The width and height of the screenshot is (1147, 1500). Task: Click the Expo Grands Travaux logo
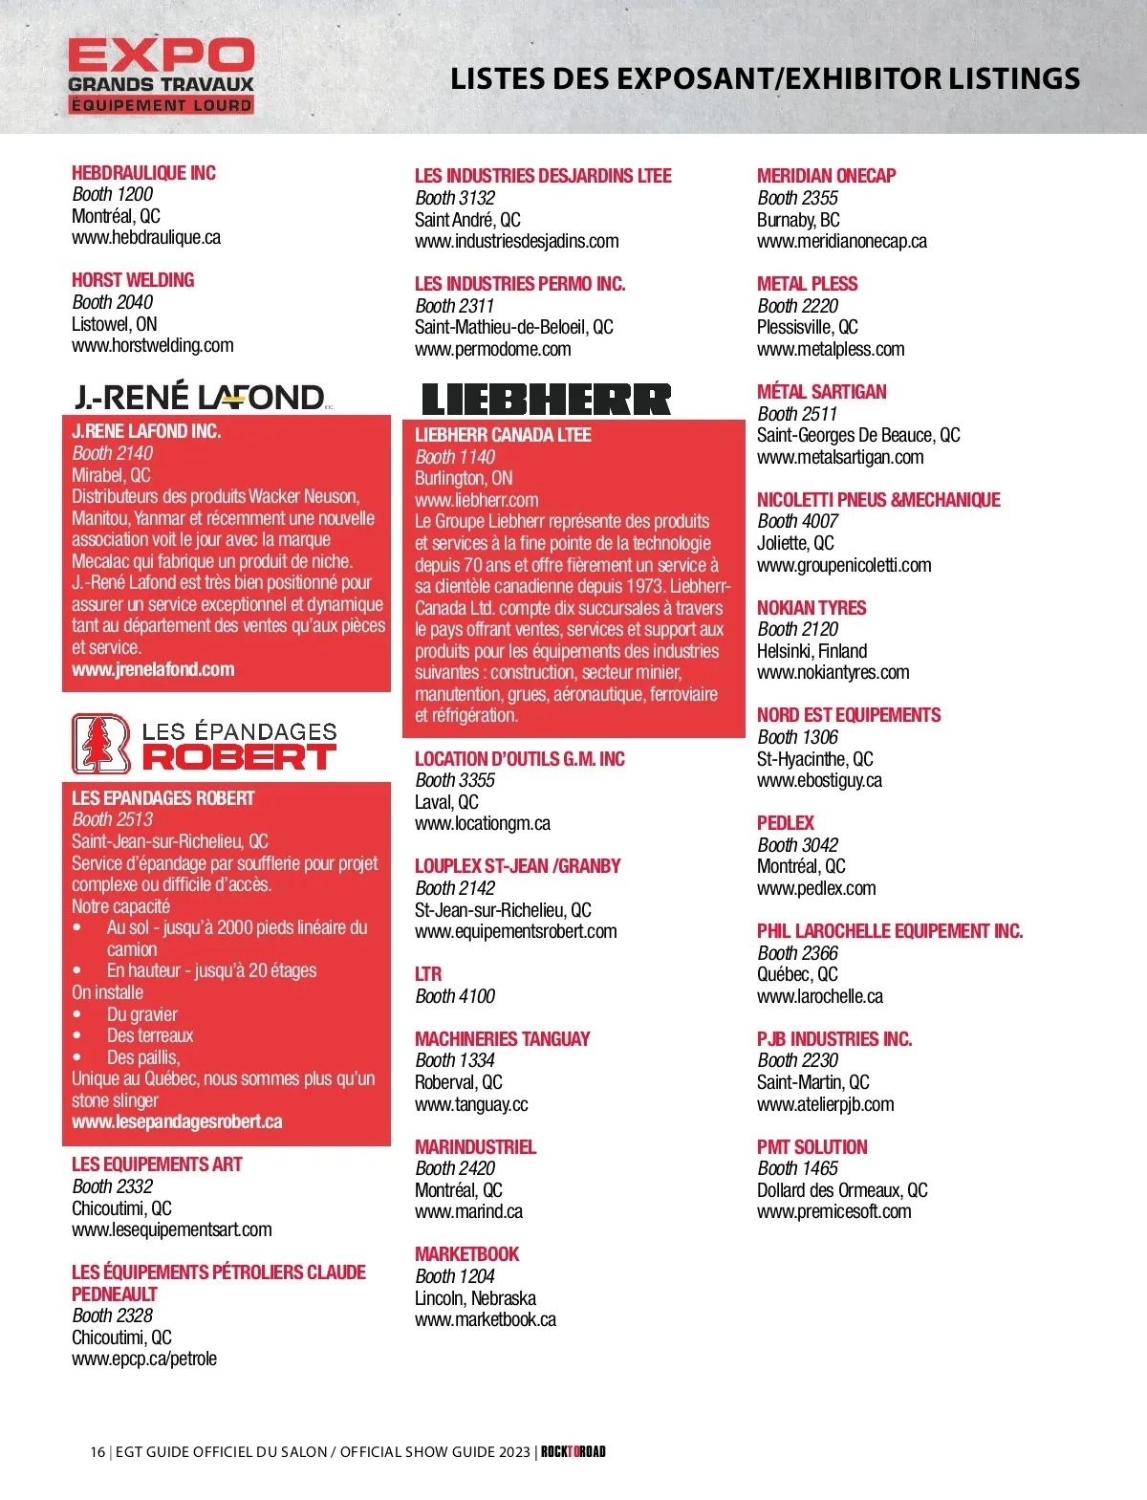tap(161, 76)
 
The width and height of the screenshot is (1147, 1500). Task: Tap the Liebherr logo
tap(546, 399)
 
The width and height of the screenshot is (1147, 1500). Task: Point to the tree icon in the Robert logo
tap(100, 744)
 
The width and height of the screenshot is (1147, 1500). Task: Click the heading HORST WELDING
tap(133, 280)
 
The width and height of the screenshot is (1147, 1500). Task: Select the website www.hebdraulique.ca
tap(146, 237)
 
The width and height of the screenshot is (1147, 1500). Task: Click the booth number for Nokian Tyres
tap(797, 629)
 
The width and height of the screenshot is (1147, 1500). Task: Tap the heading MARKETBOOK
tap(466, 1254)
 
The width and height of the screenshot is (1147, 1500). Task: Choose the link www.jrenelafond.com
tap(153, 669)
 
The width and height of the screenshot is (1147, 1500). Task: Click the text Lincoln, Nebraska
tap(475, 1298)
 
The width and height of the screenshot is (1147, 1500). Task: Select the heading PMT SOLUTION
tap(812, 1147)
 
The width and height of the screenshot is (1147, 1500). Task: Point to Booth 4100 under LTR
tap(455, 996)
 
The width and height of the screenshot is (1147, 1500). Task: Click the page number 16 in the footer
tap(97, 1451)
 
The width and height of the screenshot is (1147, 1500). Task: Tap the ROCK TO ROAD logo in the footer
tap(573, 1451)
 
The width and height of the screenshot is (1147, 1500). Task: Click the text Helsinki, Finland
tap(812, 651)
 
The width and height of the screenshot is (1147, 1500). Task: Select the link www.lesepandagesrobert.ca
tap(177, 1121)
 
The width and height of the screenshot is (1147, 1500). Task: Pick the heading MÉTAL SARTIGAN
tap(821, 392)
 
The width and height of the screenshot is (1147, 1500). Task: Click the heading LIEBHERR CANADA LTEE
tap(503, 435)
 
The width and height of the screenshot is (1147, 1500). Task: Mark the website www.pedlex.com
tap(816, 888)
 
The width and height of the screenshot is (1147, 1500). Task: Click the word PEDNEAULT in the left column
tap(114, 1294)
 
